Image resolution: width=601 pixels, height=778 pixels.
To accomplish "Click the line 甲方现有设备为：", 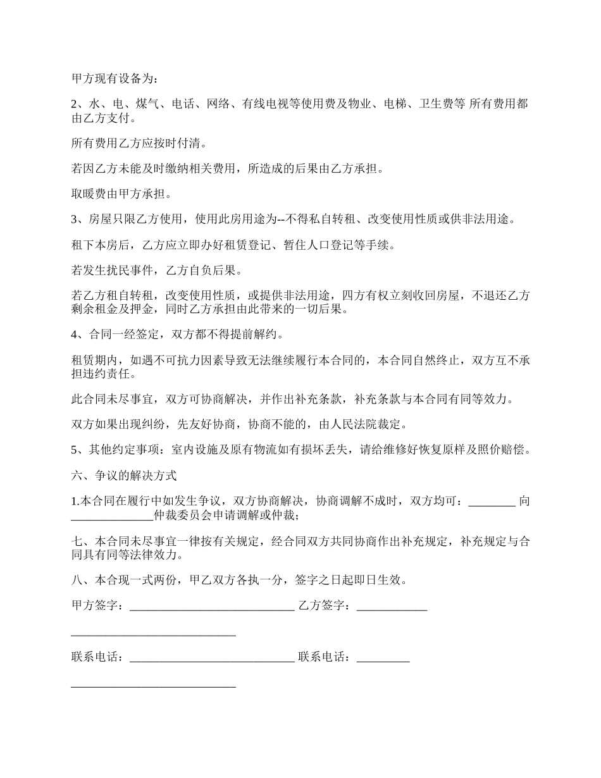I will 116,78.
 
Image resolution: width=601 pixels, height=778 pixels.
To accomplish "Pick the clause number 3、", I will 79,219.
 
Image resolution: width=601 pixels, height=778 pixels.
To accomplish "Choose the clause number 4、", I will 79,335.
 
